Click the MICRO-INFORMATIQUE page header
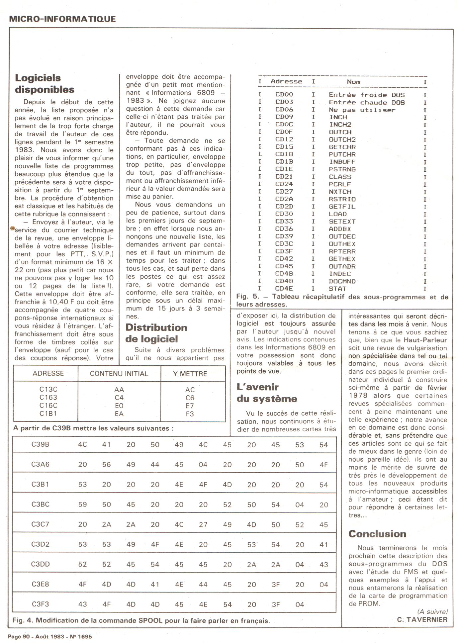point(62,19)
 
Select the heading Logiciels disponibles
point(45,84)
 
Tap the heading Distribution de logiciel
point(156,333)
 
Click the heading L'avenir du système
point(267,393)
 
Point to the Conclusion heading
point(377,534)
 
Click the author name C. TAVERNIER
point(422,619)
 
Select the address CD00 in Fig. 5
point(284,95)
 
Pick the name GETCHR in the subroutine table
point(342,147)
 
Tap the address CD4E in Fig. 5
point(284,289)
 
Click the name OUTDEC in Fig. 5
point(342,236)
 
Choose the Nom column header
point(353,82)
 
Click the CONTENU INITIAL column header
point(119,374)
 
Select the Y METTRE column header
point(190,374)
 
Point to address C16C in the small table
point(48,406)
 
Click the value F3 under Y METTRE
point(190,414)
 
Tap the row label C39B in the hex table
point(40,444)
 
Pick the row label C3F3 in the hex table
point(40,604)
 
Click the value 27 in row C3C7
point(203,524)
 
